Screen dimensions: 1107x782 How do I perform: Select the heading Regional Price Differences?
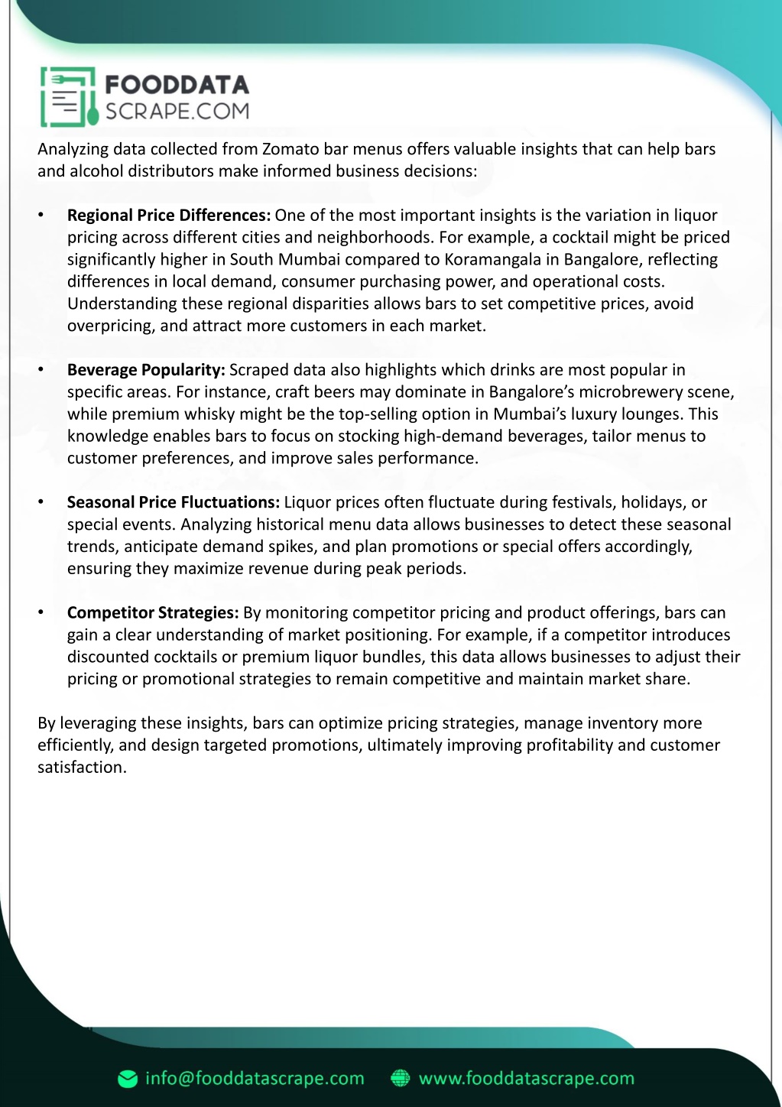coord(169,216)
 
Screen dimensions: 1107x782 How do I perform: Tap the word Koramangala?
coord(492,260)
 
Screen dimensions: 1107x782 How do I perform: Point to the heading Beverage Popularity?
coord(146,370)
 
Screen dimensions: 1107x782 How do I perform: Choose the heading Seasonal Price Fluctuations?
coord(174,502)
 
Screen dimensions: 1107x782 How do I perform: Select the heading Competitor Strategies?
coord(153,613)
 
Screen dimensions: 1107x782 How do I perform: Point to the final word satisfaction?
coord(81,768)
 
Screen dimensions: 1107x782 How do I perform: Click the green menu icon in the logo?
coord(68,97)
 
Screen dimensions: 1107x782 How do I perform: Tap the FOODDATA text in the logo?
coord(177,84)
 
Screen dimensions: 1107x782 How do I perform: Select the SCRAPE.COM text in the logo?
coord(177,112)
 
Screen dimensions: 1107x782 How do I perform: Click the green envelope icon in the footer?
coord(128,1079)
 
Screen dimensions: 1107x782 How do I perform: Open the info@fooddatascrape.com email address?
coord(255,1079)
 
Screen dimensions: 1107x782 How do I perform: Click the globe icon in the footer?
coord(401,1079)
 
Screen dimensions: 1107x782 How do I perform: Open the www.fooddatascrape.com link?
coord(527,1079)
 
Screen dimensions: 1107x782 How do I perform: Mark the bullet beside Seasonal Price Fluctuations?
coord(41,502)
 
